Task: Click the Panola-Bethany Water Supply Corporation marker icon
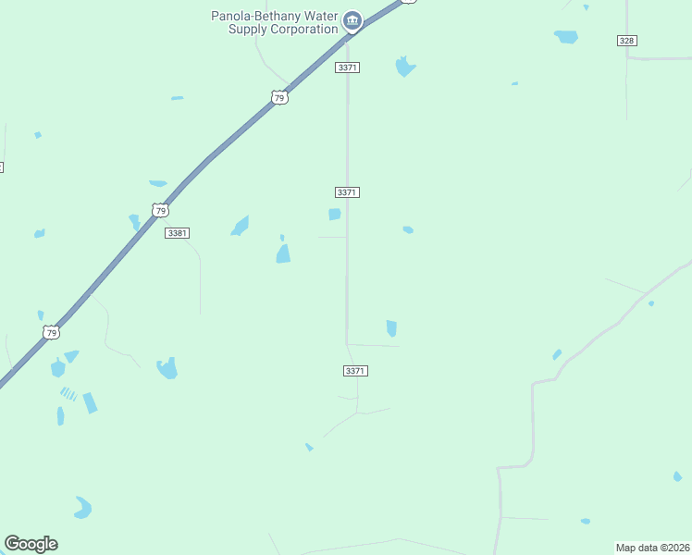click(x=352, y=19)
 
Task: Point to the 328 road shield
click(x=627, y=41)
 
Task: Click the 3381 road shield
click(x=177, y=233)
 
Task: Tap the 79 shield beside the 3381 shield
click(x=161, y=211)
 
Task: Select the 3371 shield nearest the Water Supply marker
click(x=348, y=68)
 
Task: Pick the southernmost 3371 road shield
click(x=355, y=371)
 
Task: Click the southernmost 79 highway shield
click(x=52, y=332)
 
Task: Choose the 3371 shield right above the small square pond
click(x=347, y=191)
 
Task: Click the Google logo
click(x=31, y=544)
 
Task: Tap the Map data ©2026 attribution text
click(x=652, y=548)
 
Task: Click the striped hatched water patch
click(x=68, y=393)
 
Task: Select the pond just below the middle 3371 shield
click(x=334, y=215)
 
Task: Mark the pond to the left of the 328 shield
click(x=565, y=37)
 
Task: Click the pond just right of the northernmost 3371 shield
click(x=404, y=67)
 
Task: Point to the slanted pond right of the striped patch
click(x=90, y=402)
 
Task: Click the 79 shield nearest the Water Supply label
click(x=278, y=97)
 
